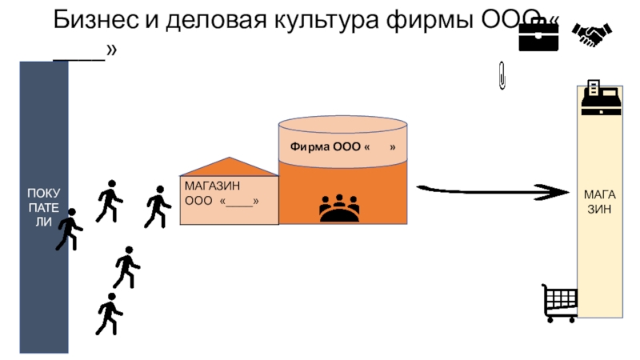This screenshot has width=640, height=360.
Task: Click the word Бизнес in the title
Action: [95, 20]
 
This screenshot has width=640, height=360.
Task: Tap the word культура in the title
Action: [335, 20]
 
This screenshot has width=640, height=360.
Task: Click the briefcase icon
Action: [538, 34]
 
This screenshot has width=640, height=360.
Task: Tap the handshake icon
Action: [592, 34]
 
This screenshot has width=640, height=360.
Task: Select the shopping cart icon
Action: [559, 303]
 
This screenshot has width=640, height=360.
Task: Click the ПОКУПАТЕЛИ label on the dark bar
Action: [44, 207]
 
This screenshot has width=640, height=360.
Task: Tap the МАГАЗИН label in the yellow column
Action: [599, 201]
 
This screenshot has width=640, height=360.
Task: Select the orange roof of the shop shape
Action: [229, 166]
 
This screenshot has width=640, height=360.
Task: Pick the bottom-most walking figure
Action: [108, 314]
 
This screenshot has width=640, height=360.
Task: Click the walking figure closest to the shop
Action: [157, 206]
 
